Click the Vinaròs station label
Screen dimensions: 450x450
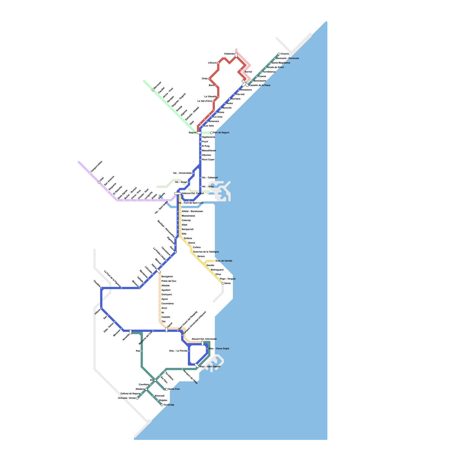pyautogui.click(x=285, y=54)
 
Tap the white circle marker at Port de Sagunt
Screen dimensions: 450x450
pyautogui.click(x=211, y=133)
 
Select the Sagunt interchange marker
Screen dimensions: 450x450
pyautogui.click(x=199, y=133)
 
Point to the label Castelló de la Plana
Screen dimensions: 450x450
pyautogui.click(x=260, y=85)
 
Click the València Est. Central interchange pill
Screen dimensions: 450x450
pyautogui.click(x=178, y=193)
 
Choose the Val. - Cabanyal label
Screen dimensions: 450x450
pyautogui.click(x=210, y=177)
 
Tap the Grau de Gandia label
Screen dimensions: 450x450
pyautogui.click(x=224, y=261)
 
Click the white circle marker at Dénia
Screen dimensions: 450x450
pyautogui.click(x=223, y=283)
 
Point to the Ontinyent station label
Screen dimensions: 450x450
pyautogui.click(x=166, y=294)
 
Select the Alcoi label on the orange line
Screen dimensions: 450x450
pyautogui.click(x=164, y=308)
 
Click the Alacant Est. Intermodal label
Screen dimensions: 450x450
pyautogui.click(x=204, y=339)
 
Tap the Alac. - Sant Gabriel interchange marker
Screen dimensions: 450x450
pyautogui.click(x=197, y=365)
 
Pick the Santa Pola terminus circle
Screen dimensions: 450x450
pyautogui.click(x=166, y=389)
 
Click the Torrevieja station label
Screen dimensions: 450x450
pyautogui.click(x=169, y=405)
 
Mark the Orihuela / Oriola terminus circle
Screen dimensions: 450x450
pyautogui.click(x=137, y=398)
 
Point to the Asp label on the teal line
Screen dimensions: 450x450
pyautogui.click(x=138, y=351)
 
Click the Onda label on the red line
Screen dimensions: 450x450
pyautogui.click(x=204, y=78)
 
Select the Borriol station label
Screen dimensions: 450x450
pyautogui.click(x=248, y=72)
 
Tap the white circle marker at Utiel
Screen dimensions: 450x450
pyautogui.click(x=99, y=182)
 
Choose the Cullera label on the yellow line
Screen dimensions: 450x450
pyautogui.click(x=197, y=247)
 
